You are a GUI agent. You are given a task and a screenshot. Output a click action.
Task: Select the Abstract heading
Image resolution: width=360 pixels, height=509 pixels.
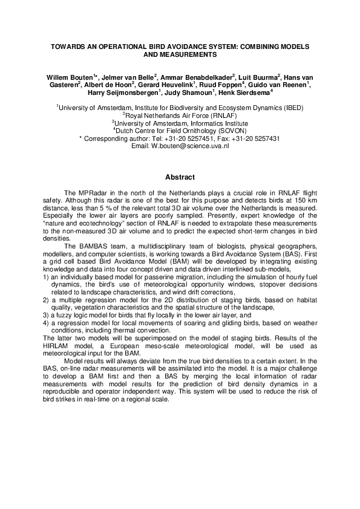(x=180, y=177)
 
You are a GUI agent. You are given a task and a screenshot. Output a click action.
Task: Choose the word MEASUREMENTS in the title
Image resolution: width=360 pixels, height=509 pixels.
(x=180, y=54)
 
